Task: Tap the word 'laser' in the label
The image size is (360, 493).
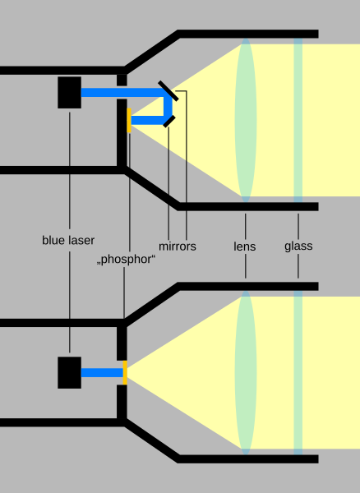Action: pyautogui.click(x=80, y=240)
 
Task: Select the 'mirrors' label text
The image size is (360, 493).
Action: pyautogui.click(x=178, y=246)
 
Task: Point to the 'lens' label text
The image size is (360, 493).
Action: pyautogui.click(x=245, y=246)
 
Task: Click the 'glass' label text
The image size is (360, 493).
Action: pyautogui.click(x=298, y=246)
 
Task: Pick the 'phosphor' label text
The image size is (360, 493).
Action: pyautogui.click(x=126, y=260)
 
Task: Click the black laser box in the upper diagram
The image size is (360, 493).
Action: pyautogui.click(x=70, y=92)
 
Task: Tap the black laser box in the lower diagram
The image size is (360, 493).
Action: pyautogui.click(x=70, y=372)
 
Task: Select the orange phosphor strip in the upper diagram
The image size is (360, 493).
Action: pyautogui.click(x=129, y=120)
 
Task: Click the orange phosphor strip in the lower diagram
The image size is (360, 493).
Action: pyautogui.click(x=125, y=372)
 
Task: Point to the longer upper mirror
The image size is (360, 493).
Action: pyautogui.click(x=168, y=91)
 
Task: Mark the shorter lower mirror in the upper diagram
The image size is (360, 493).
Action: pyautogui.click(x=169, y=122)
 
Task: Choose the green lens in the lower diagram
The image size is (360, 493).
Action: pyautogui.click(x=246, y=372)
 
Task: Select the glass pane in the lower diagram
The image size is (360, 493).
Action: pyautogui.click(x=298, y=372)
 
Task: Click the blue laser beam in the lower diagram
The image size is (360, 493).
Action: pyautogui.click(x=102, y=372)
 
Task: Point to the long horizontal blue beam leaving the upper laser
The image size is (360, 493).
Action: pyautogui.click(x=123, y=92)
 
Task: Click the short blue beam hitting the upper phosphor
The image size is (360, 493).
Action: pyautogui.click(x=148, y=120)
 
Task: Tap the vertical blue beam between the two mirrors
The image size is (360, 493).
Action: pyautogui.click(x=168, y=107)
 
